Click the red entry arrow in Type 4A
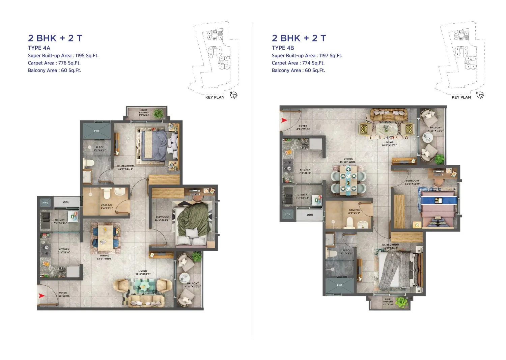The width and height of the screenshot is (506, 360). [41, 296]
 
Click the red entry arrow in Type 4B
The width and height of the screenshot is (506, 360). [284, 120]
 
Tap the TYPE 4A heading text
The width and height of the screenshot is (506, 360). [39, 48]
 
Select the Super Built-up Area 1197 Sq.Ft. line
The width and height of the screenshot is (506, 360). [307, 56]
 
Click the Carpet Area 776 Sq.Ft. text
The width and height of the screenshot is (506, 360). [54, 63]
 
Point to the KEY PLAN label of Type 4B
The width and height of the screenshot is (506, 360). [461, 97]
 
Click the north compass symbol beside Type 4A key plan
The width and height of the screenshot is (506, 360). [234, 95]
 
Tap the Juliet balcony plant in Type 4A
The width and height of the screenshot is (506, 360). [158, 113]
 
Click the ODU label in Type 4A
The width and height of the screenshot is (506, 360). [66, 202]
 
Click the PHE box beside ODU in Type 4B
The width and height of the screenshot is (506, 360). [287, 214]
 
